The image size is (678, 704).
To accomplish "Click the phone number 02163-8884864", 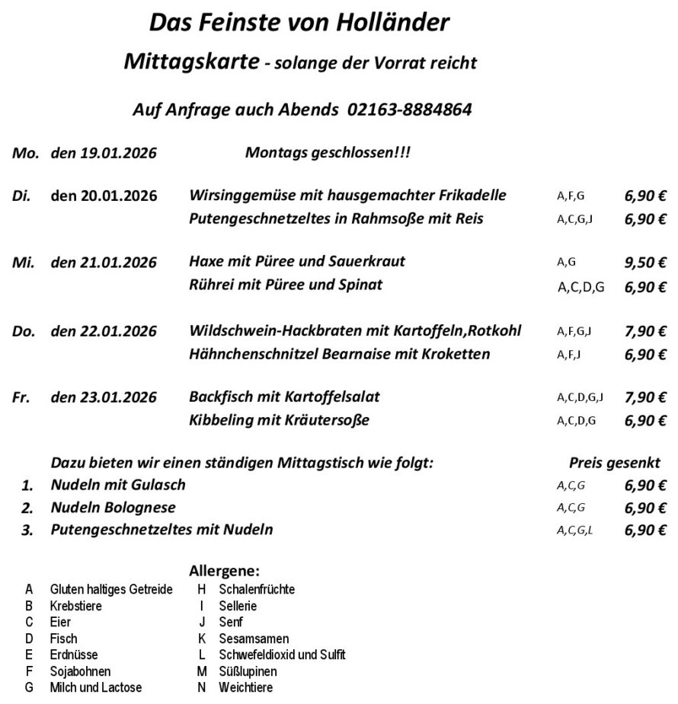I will (x=409, y=110).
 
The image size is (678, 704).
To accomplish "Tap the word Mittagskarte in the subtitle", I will (x=190, y=62).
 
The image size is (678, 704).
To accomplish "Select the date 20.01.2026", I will (x=104, y=196).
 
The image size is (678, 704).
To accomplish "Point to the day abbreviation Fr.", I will (x=21, y=397).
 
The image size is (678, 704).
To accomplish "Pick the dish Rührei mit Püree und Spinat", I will (x=286, y=285).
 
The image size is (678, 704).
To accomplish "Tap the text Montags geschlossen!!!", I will (x=328, y=152).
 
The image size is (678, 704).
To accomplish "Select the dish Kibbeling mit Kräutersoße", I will (x=279, y=420).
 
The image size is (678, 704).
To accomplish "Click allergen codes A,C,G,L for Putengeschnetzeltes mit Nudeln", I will (x=575, y=530).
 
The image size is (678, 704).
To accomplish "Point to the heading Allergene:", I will (x=224, y=571).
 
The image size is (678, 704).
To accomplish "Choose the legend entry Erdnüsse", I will (x=74, y=655).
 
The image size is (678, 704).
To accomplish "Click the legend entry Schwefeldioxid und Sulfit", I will (x=282, y=655).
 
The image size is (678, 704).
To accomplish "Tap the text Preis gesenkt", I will (x=614, y=463).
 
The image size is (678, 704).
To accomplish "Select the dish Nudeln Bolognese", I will (x=113, y=508).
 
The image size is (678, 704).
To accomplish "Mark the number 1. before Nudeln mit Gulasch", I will (x=27, y=486).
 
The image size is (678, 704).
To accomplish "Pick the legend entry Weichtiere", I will (x=245, y=687).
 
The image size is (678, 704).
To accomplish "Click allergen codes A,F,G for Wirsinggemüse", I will (x=571, y=196).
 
